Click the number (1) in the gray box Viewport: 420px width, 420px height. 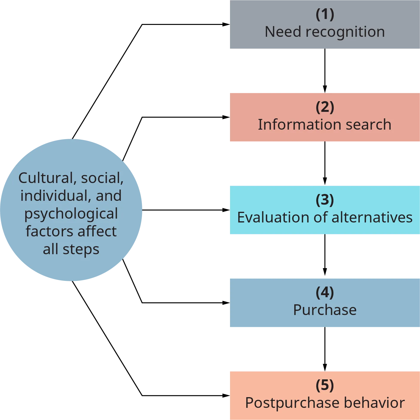pyautogui.click(x=325, y=14)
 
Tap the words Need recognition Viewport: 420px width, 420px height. pyautogui.click(x=325, y=32)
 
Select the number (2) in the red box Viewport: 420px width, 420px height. pyautogui.click(x=325, y=107)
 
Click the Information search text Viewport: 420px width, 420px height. pyautogui.click(x=325, y=125)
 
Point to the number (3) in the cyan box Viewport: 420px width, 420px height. pyautogui.click(x=325, y=200)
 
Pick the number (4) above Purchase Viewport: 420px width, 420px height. pyautogui.click(x=325, y=292)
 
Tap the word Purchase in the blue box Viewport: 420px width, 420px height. pyautogui.click(x=325, y=310)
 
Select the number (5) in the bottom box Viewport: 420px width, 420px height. pyautogui.click(x=325, y=385)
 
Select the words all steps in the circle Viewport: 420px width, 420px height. pyautogui.click(x=71, y=249)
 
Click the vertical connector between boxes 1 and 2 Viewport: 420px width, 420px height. pyautogui.click(x=325, y=71)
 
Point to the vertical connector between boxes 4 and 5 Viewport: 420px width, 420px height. pyautogui.click(x=325, y=349)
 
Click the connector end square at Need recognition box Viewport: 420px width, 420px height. pyautogui.click(x=224, y=25)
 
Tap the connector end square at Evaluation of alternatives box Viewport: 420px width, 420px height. pyautogui.click(x=224, y=210)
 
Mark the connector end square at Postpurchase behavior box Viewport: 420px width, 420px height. pyautogui.click(x=224, y=395)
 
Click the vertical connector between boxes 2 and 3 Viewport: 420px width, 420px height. pyautogui.click(x=325, y=164)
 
